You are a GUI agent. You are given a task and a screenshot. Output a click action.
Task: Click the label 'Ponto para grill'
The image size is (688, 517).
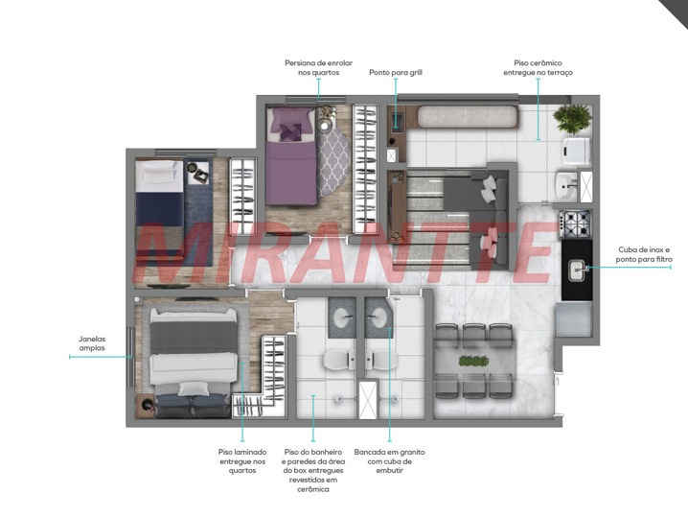[x=396, y=73]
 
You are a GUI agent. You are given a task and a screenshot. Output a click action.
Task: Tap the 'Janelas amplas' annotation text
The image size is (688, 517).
[x=92, y=343]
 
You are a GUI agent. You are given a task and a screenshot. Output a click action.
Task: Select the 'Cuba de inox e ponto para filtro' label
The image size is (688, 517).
[x=644, y=254]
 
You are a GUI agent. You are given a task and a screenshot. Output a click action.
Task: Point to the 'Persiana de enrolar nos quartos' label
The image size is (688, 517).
[x=318, y=68]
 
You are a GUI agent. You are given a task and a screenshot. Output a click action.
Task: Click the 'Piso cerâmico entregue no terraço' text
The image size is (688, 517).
[x=538, y=68]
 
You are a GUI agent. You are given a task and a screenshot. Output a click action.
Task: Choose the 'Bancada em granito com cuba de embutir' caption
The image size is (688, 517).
[x=390, y=460]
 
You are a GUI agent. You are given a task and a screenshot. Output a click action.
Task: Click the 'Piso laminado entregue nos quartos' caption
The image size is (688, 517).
[x=242, y=460]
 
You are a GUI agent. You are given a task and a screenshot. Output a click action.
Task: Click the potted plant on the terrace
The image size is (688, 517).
[x=572, y=119]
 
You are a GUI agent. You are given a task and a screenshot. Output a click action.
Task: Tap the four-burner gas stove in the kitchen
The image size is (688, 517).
[x=576, y=224]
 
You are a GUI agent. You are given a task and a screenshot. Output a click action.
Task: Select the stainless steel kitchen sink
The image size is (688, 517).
[x=578, y=270]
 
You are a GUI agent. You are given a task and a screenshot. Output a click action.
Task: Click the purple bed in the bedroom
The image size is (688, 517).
[x=291, y=156]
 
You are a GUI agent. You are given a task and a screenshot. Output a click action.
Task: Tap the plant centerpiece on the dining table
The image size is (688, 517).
[x=474, y=361]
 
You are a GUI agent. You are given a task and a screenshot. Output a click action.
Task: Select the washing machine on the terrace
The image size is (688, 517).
[x=577, y=151]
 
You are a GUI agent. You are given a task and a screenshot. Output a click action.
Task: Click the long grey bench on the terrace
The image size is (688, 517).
[x=467, y=117]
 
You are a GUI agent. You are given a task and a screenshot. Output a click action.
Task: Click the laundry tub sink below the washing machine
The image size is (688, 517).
[x=566, y=185]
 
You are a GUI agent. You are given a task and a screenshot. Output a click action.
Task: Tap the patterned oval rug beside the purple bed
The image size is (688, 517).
[x=333, y=161]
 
